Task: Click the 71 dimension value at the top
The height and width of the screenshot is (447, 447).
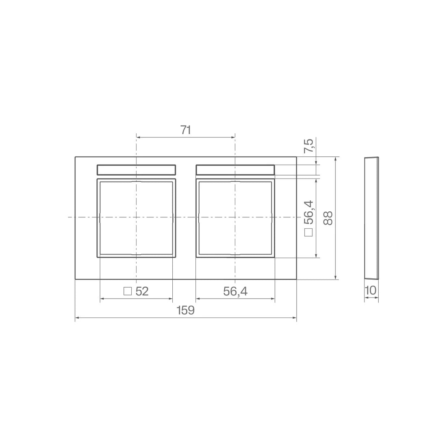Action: point(185,130)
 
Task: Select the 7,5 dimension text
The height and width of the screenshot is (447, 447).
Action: point(308,146)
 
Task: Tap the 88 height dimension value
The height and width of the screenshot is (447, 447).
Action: point(328,218)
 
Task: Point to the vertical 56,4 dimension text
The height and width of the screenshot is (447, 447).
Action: point(308,212)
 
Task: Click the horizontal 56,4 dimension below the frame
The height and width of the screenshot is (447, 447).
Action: point(235,291)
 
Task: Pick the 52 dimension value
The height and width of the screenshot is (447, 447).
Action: point(142,291)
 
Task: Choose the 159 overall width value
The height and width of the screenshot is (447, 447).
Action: point(186,310)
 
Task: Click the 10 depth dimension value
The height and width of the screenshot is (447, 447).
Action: point(371,291)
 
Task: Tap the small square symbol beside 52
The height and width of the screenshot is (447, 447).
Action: point(128,291)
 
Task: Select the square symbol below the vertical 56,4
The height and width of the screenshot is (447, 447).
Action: point(308,232)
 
